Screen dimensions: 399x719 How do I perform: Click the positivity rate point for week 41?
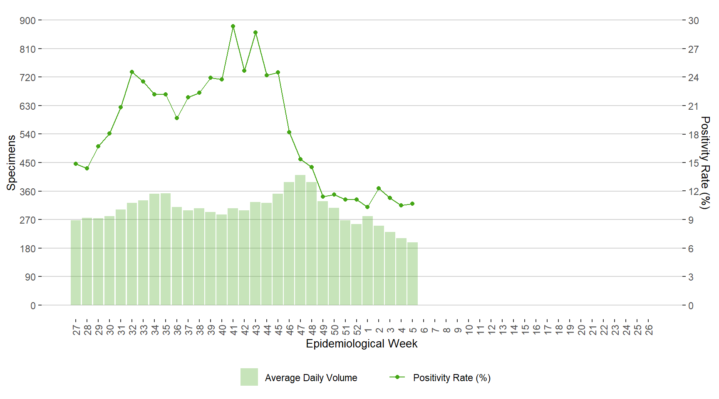[233, 26]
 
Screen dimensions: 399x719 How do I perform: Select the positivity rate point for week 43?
[255, 32]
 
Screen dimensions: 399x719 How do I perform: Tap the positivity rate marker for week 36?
[177, 118]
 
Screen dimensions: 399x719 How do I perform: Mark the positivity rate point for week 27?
[76, 164]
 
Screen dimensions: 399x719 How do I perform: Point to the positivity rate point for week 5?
[412, 204]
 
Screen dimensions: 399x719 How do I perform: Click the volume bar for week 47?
[300, 240]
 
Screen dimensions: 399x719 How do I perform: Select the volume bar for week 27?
[76, 263]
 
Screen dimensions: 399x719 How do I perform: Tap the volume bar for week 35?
[166, 249]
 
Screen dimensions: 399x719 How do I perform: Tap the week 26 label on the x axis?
[649, 330]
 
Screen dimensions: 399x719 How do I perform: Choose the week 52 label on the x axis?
[357, 330]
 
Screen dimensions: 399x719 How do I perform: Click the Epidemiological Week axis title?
[362, 344]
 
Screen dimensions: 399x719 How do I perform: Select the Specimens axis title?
[11, 163]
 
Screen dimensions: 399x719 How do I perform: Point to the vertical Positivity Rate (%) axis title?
[705, 163]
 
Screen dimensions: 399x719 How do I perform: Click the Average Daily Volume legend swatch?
[249, 377]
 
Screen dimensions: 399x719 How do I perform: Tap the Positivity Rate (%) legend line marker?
[397, 377]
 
